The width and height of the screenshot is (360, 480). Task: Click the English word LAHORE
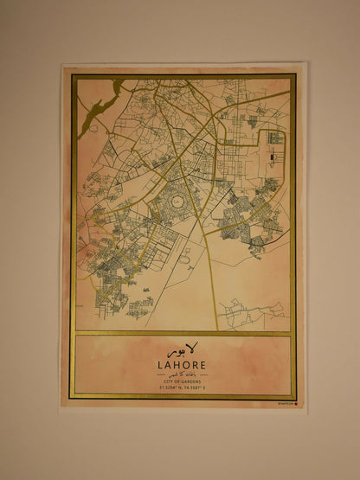(x=182, y=364)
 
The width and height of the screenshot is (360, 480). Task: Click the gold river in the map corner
(x=97, y=108)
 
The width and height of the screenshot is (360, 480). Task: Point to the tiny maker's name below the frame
(x=282, y=402)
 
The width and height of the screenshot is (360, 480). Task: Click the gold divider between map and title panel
(x=182, y=333)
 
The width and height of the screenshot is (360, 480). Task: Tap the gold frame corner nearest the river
(x=74, y=77)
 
